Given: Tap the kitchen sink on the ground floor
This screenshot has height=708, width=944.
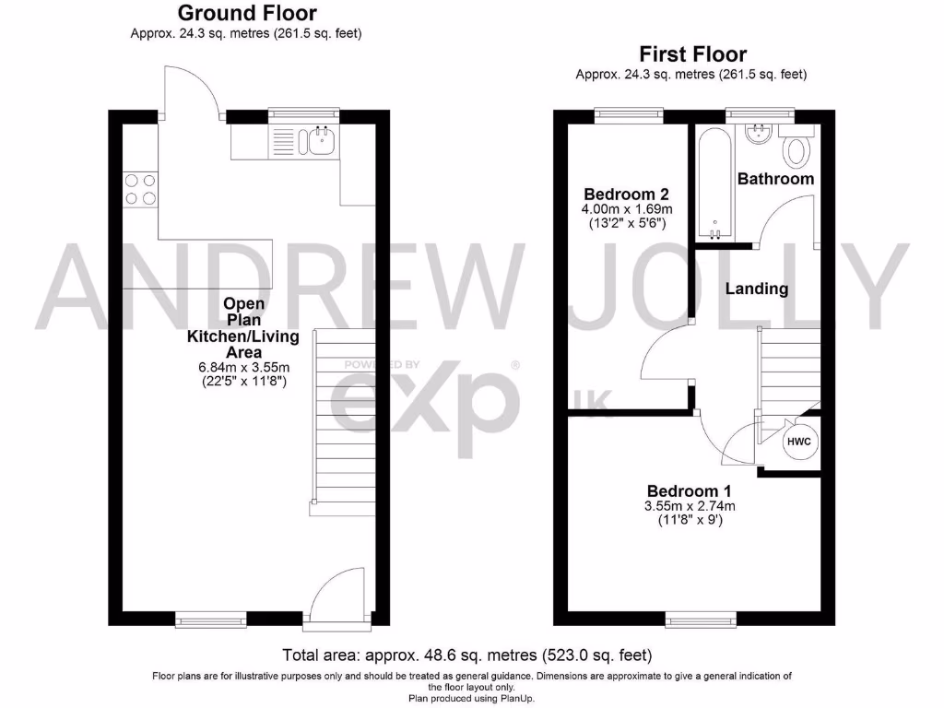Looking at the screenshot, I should pos(322,141).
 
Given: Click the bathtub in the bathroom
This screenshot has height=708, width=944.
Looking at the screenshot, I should pos(714,183).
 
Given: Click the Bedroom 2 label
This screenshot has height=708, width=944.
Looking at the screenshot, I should pos(626,195).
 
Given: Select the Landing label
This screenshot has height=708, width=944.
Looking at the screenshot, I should pos(757,289).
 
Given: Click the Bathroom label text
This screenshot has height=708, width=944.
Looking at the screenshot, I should pos(775,179).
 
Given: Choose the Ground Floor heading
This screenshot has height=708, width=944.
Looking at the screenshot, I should pos(246,13).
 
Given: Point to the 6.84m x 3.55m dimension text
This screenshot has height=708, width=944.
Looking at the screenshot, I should pos(243,367).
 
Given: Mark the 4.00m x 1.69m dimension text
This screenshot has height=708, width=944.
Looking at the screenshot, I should pos(626,209).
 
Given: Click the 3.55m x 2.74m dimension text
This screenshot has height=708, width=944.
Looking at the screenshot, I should pos(690,506).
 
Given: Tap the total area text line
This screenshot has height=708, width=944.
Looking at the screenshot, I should pos(467,655).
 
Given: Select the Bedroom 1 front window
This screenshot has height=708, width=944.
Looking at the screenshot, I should pos(701,618).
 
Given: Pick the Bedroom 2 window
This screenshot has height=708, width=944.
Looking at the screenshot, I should pos(629,115).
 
